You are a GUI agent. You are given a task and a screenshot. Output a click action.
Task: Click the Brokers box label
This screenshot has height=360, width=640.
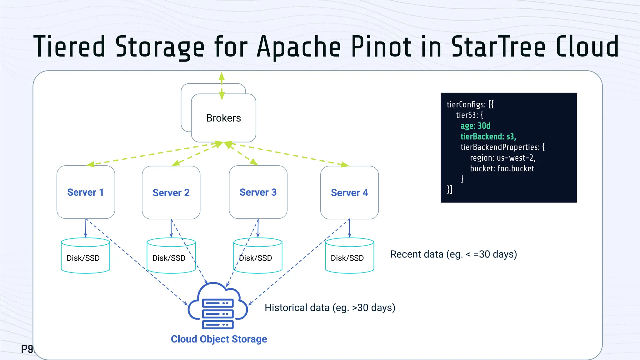(223, 118)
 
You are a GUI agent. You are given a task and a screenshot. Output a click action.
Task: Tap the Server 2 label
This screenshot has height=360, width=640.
(171, 193)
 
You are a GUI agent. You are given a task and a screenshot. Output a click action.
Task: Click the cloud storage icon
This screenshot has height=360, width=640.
(217, 306)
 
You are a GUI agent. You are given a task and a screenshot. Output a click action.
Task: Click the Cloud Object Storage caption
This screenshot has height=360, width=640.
(219, 339)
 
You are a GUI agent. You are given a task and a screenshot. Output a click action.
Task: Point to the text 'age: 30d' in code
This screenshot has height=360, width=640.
(475, 126)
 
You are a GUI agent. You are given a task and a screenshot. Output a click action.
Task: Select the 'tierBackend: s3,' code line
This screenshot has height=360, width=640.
(488, 137)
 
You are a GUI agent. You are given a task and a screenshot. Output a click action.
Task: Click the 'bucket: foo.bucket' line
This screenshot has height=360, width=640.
(502, 169)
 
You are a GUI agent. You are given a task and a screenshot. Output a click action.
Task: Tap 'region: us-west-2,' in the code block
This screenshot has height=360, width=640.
(502, 158)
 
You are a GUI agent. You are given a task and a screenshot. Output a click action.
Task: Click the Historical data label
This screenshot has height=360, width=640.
(330, 308)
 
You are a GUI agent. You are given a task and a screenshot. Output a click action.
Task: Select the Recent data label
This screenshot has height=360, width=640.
(453, 254)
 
